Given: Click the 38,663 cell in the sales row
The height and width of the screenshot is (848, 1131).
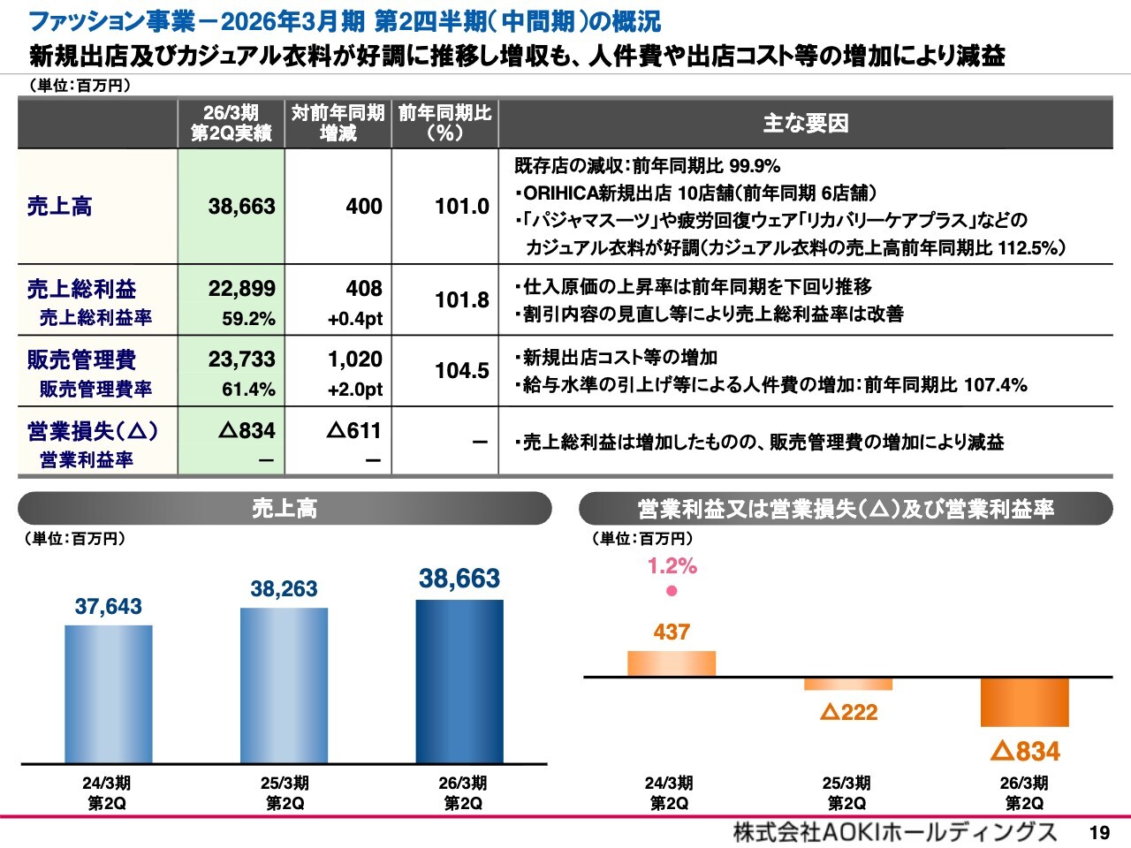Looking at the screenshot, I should [x=241, y=207].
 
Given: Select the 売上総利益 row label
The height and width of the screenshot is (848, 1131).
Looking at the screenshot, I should [x=82, y=289].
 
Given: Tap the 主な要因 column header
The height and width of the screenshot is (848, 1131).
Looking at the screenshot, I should [x=805, y=124].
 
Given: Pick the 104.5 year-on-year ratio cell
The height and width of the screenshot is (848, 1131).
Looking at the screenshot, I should [x=461, y=371].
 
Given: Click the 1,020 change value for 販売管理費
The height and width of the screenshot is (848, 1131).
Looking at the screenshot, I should [x=355, y=360].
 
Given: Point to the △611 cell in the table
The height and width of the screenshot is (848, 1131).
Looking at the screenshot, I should [x=354, y=431].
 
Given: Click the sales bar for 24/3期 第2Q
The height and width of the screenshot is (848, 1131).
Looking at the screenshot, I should [x=108, y=694].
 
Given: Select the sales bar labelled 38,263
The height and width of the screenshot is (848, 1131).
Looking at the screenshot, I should [x=284, y=685].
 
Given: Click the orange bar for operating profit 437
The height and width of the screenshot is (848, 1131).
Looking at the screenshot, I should [x=672, y=663].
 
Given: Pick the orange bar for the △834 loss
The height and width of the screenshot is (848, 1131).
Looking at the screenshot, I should [x=1025, y=702].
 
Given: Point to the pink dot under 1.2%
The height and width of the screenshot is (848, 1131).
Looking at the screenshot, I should [x=672, y=591].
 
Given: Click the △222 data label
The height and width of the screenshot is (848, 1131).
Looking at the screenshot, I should [x=848, y=712].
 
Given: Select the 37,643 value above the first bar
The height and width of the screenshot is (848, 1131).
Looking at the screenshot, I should [x=108, y=607].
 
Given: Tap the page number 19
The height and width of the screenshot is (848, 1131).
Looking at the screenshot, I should [x=1099, y=832].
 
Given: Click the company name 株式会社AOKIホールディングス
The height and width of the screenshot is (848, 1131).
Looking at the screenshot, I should [x=894, y=832].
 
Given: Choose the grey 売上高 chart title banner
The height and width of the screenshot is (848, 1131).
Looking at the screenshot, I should [x=285, y=509].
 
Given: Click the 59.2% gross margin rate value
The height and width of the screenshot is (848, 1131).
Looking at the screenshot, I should [x=248, y=319].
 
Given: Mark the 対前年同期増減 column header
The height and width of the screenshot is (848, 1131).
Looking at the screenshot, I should [x=338, y=124].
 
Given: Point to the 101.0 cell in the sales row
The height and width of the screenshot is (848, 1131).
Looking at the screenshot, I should [x=461, y=207].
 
